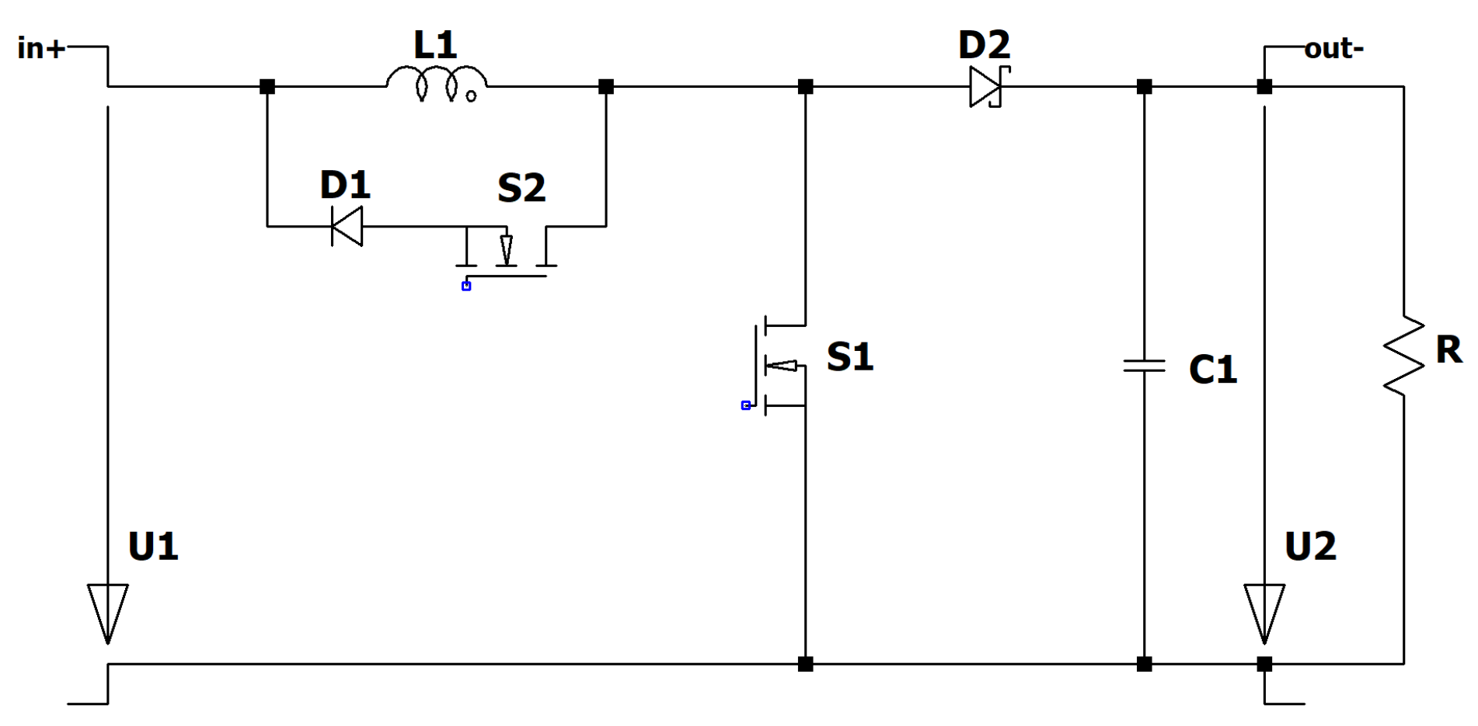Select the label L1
click(x=435, y=45)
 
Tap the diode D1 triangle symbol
click(x=347, y=226)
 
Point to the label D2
click(x=984, y=45)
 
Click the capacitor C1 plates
click(x=1144, y=365)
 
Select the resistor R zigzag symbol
click(x=1403, y=356)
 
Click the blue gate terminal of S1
click(x=746, y=405)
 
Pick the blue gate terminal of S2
click(x=466, y=287)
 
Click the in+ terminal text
click(x=40, y=48)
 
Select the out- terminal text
click(x=1333, y=49)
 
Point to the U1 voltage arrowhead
click(x=107, y=613)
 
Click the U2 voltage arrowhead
click(x=1264, y=613)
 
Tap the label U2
click(x=1310, y=547)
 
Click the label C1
click(x=1212, y=370)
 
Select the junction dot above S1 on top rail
click(x=805, y=86)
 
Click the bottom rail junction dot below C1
click(x=1144, y=664)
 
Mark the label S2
click(x=521, y=188)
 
